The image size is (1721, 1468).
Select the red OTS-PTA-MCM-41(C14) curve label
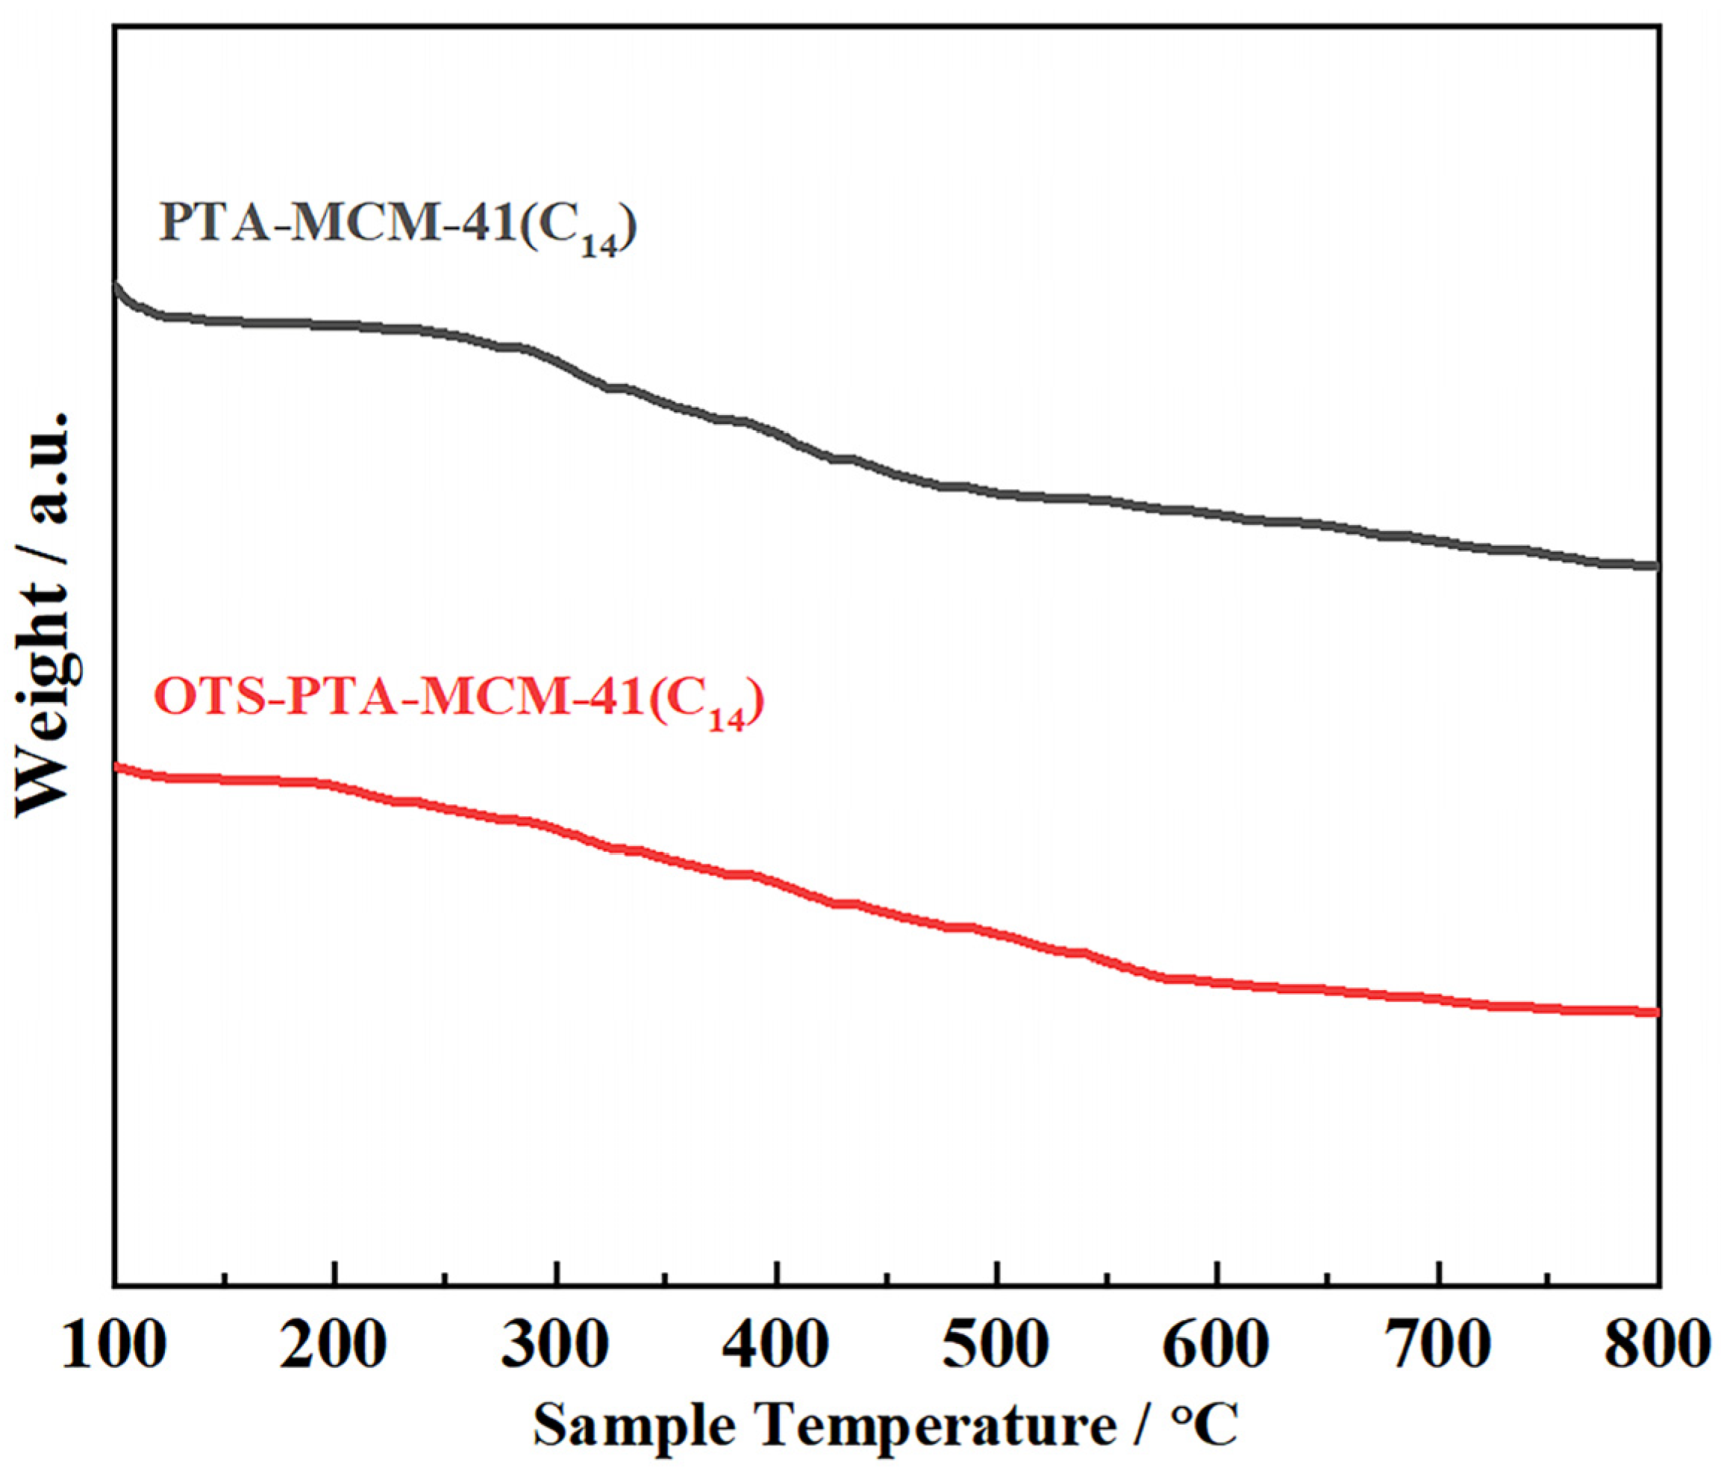pos(458,700)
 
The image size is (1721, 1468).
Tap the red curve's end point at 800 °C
pos(1656,1012)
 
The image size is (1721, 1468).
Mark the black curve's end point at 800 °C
pos(1656,566)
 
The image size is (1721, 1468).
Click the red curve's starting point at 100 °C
pos(116,767)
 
